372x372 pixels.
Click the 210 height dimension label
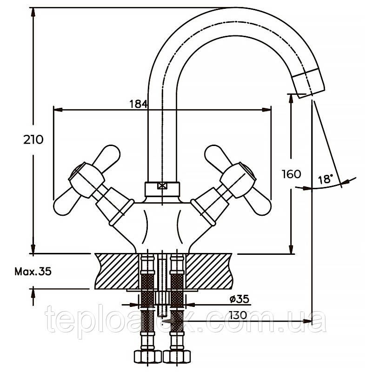(33, 139)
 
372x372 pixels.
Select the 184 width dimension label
(139, 104)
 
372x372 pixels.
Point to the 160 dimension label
(292, 174)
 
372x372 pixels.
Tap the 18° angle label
(325, 179)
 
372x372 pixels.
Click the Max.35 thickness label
(33, 272)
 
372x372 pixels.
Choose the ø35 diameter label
(239, 299)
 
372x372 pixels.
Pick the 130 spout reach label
(238, 315)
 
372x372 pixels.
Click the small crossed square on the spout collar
(162, 186)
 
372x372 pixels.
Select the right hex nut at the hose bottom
(177, 357)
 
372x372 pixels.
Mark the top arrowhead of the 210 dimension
(33, 12)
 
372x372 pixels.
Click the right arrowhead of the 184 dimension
(266, 110)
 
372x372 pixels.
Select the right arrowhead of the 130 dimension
(307, 321)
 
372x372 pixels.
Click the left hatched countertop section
(117, 271)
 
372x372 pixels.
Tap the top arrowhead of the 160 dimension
(291, 99)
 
